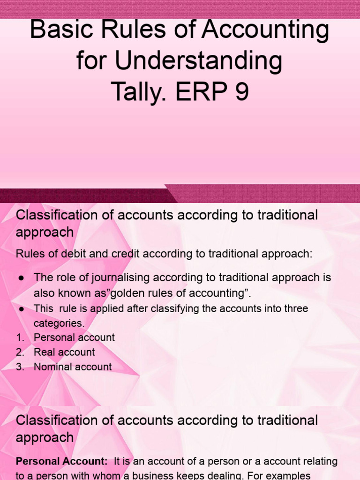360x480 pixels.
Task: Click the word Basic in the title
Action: pos(60,31)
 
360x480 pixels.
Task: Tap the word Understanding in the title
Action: pos(203,61)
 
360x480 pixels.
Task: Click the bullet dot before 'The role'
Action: pos(21,277)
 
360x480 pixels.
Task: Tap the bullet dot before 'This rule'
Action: pos(21,308)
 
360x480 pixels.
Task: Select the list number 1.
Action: pos(19,337)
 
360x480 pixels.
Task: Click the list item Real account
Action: pos(64,352)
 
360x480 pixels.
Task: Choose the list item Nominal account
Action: pos(73,367)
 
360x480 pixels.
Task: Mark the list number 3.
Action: pos(19,367)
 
